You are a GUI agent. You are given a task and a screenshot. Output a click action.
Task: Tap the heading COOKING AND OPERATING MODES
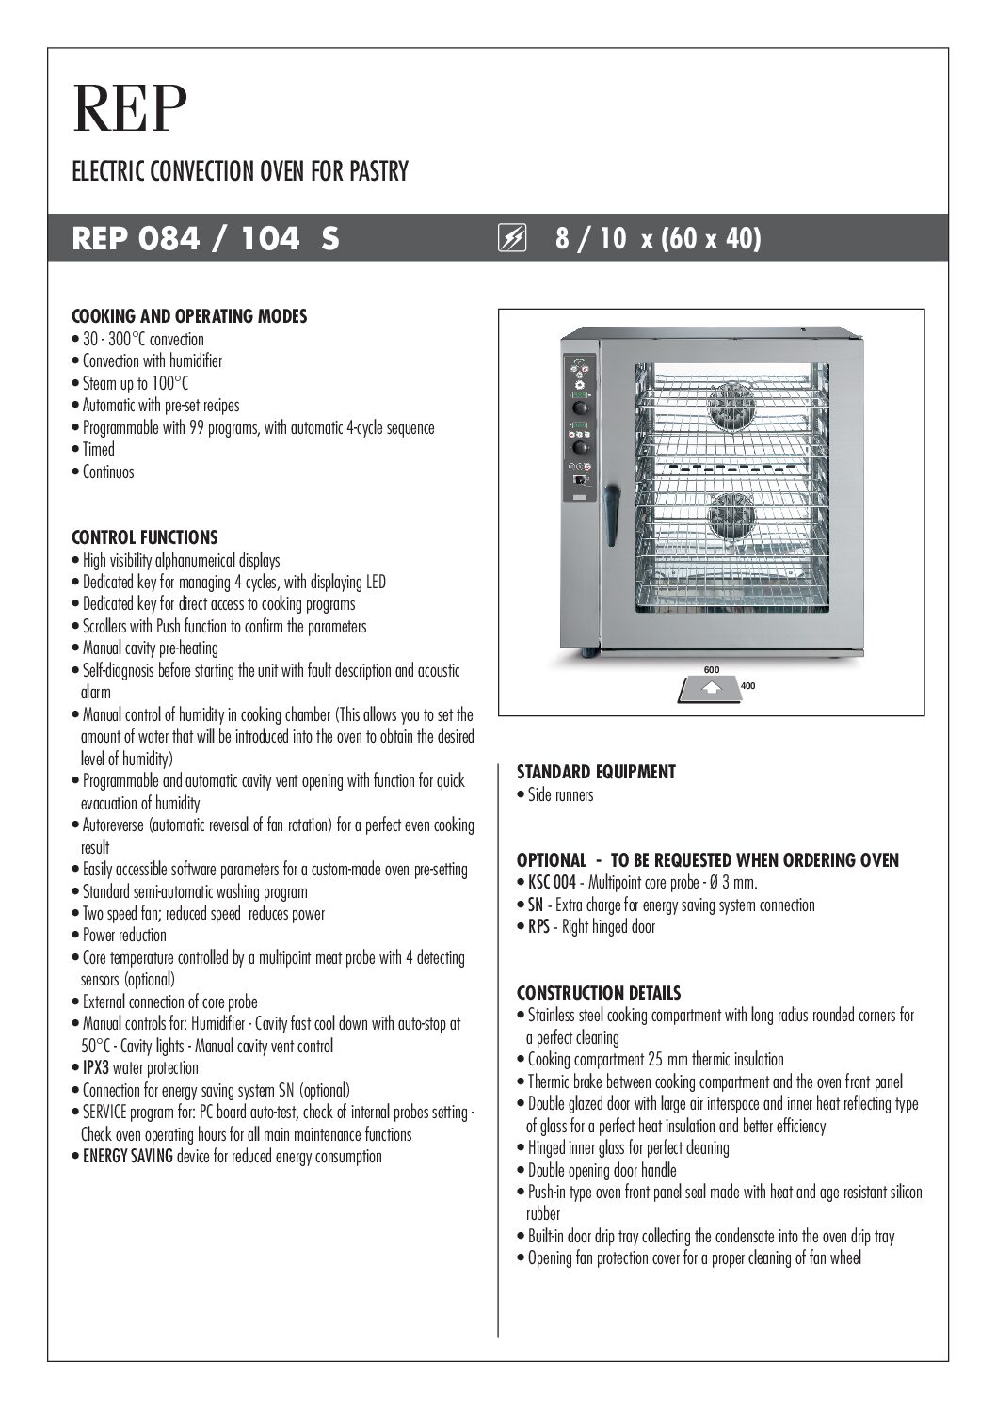point(189,316)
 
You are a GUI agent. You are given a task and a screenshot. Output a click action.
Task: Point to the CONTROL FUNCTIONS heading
point(145,537)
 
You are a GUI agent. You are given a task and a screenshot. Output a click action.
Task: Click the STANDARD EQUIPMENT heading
point(596,772)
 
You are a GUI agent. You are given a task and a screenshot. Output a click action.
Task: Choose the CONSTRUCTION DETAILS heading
point(599,993)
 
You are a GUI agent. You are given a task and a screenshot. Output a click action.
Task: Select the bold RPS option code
point(538,927)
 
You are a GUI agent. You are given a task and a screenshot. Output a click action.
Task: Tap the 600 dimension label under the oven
point(712,669)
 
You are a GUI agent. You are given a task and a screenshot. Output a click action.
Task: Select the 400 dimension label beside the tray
point(748,686)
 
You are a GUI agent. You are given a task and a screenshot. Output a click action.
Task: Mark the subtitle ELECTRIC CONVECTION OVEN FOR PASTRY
point(240,172)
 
